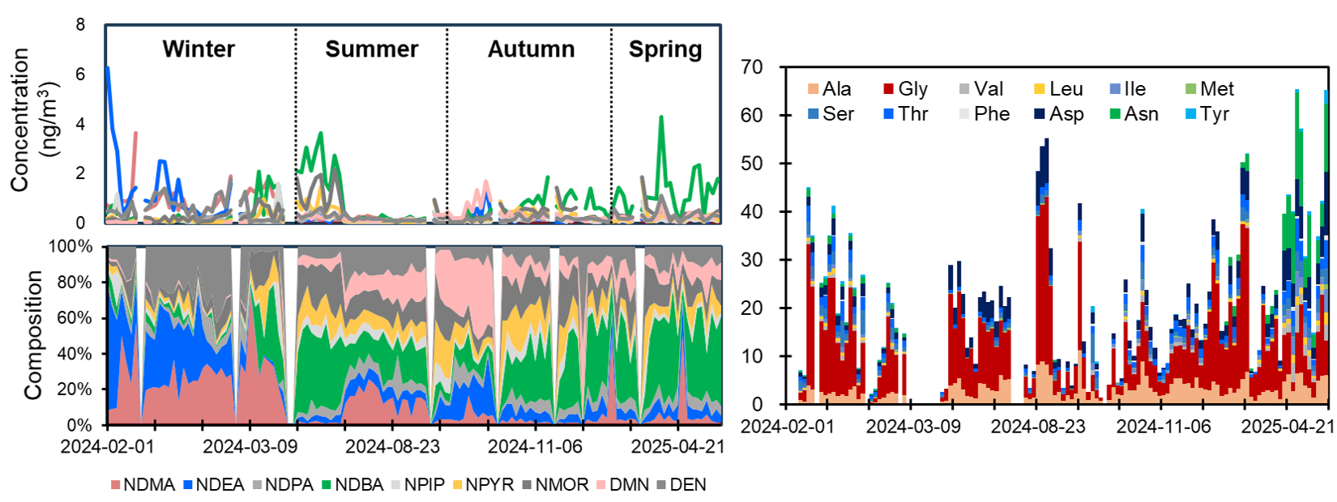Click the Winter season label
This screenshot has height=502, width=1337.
click(x=199, y=49)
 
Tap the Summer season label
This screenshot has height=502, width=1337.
click(x=371, y=49)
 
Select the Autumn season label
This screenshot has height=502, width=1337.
click(x=531, y=49)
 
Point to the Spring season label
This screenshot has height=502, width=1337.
click(x=665, y=49)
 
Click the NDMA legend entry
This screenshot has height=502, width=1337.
click(x=143, y=485)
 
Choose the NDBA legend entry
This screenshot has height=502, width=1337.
click(x=352, y=485)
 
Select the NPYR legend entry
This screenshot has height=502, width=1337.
click(x=483, y=485)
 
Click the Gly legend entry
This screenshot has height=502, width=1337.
click(x=905, y=89)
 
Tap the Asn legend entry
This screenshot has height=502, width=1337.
click(x=1134, y=114)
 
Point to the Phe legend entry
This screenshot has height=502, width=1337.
click(x=984, y=114)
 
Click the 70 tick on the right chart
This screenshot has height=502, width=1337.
click(x=752, y=67)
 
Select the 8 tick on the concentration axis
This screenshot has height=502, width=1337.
click(x=80, y=25)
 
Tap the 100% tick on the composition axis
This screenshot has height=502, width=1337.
click(x=70, y=247)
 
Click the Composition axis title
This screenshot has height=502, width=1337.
click(x=33, y=335)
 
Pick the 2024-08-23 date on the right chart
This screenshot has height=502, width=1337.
click(x=1038, y=427)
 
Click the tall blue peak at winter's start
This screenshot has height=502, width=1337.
click(x=108, y=68)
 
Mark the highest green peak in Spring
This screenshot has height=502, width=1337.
click(x=661, y=117)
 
